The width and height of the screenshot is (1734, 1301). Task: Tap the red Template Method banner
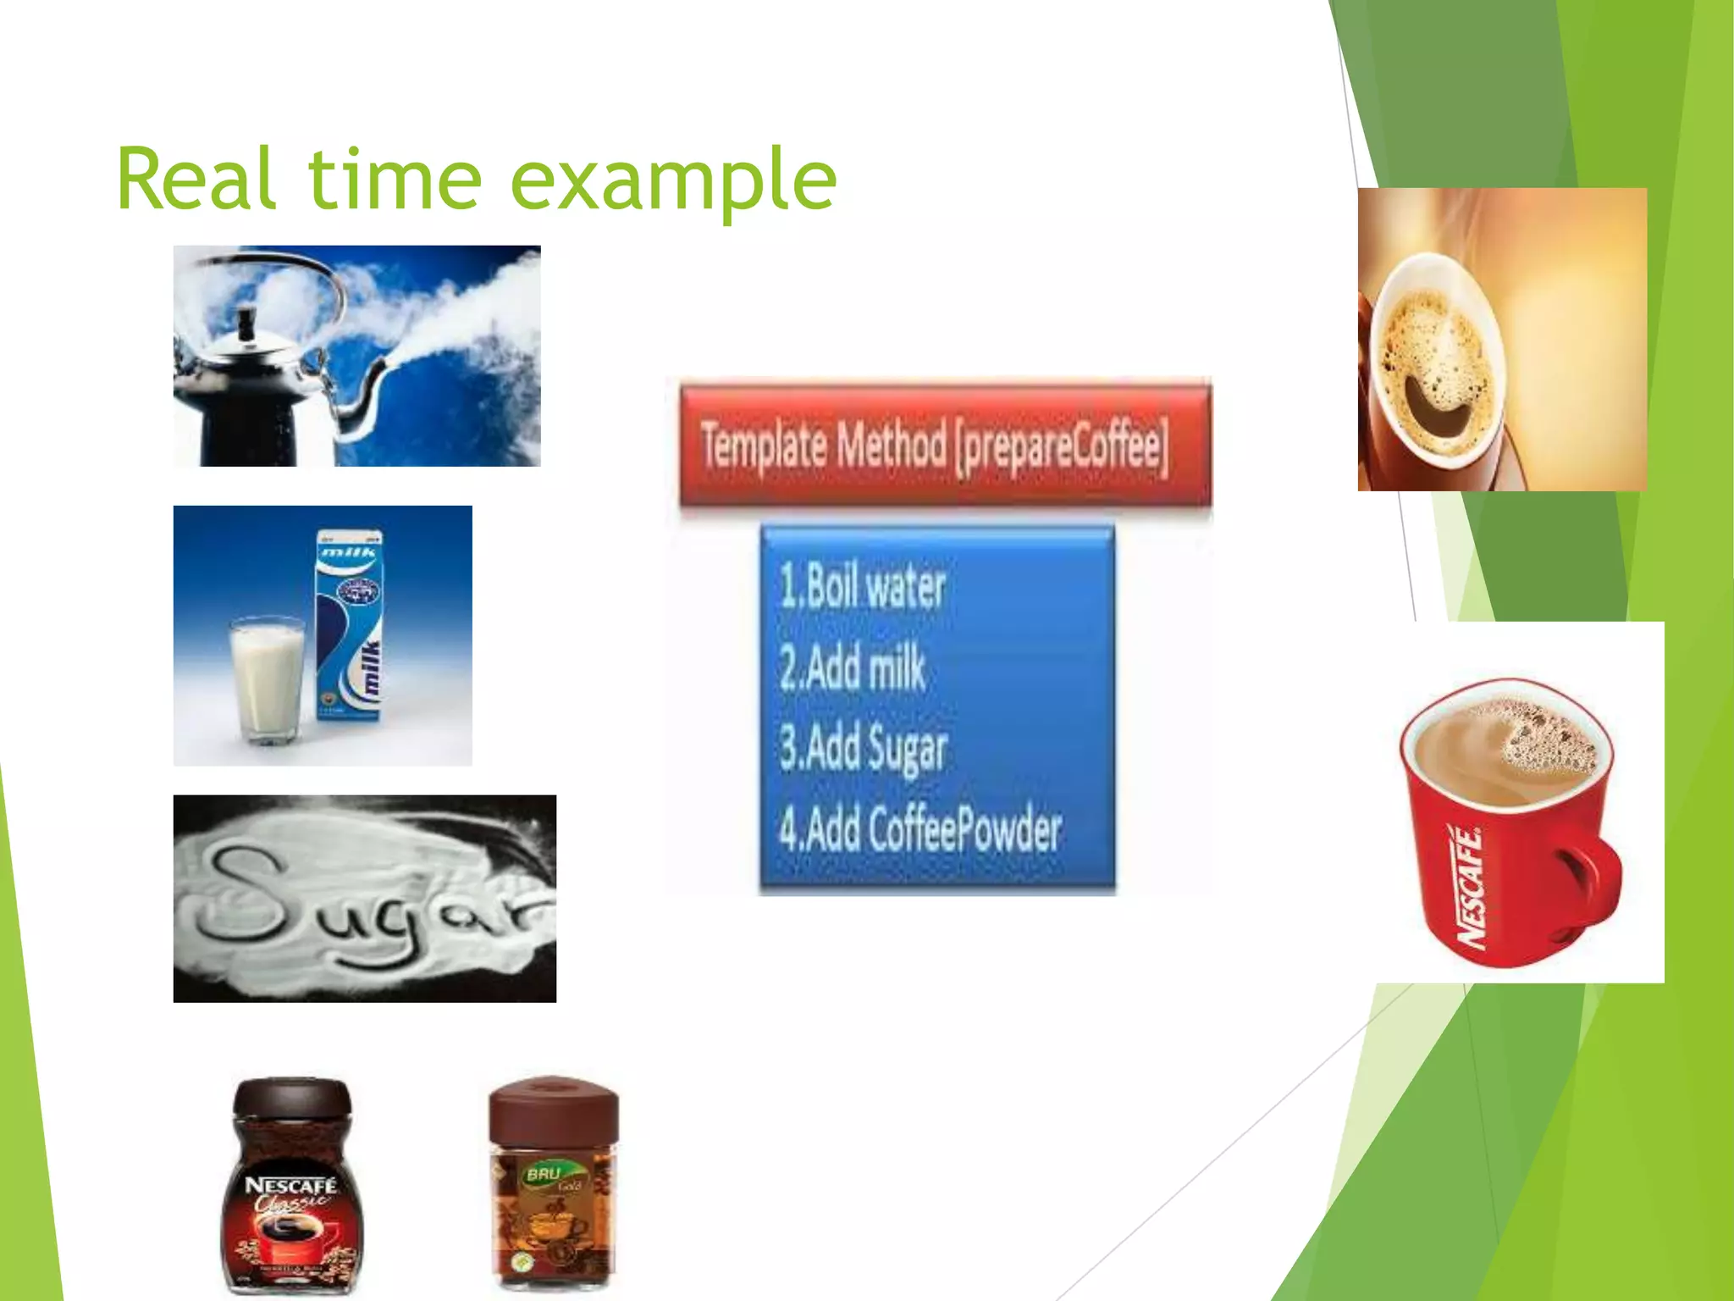point(944,446)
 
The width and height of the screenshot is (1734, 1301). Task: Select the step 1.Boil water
point(862,586)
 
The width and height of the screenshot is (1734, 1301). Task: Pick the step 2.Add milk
point(852,667)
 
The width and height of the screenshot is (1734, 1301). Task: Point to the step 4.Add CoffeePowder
point(919,830)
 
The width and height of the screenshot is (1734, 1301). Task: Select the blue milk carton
point(350,627)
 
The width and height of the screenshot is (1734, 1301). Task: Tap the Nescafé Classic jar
point(290,1186)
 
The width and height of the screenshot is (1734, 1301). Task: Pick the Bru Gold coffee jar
point(554,1186)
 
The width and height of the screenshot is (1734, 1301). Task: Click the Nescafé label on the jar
point(290,1186)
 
